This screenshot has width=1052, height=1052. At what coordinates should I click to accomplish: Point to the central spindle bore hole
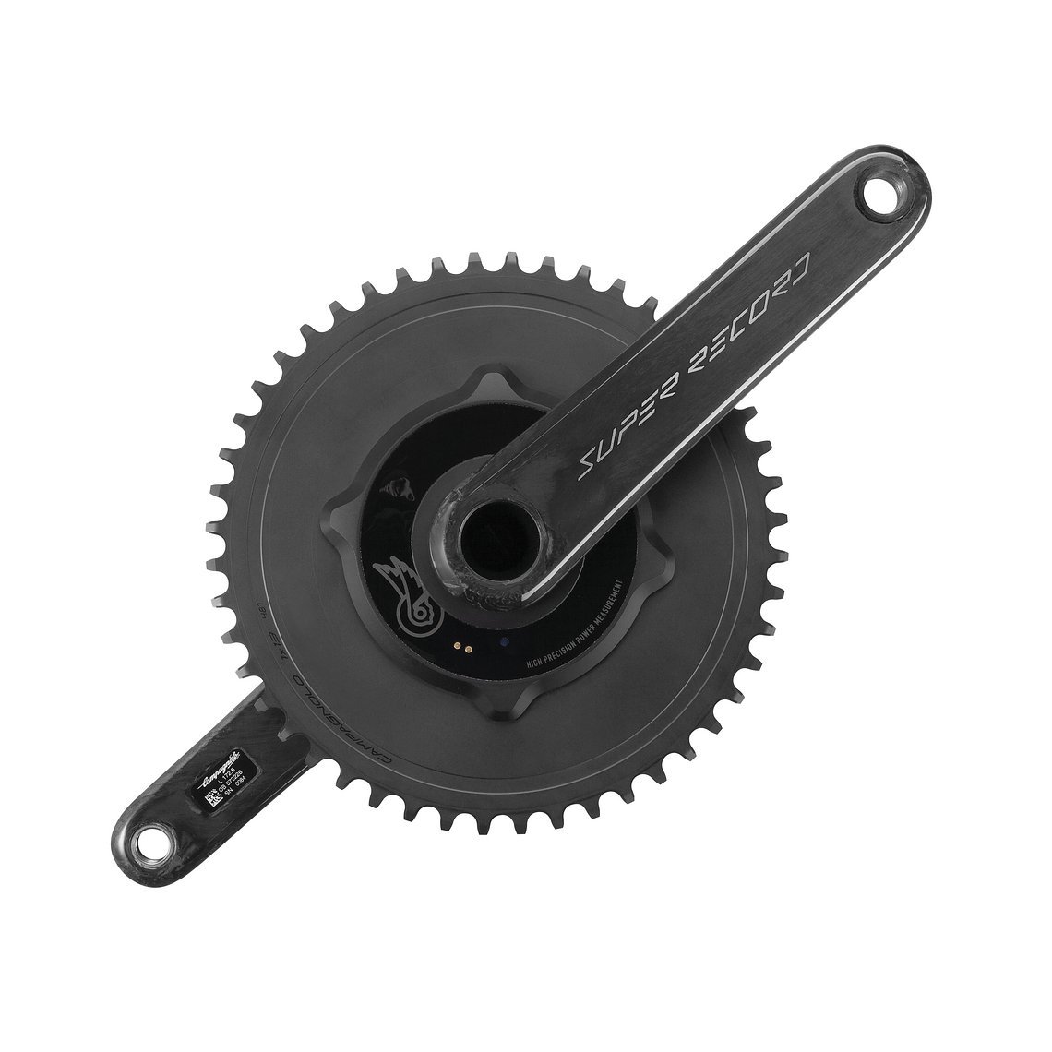click(x=488, y=534)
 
